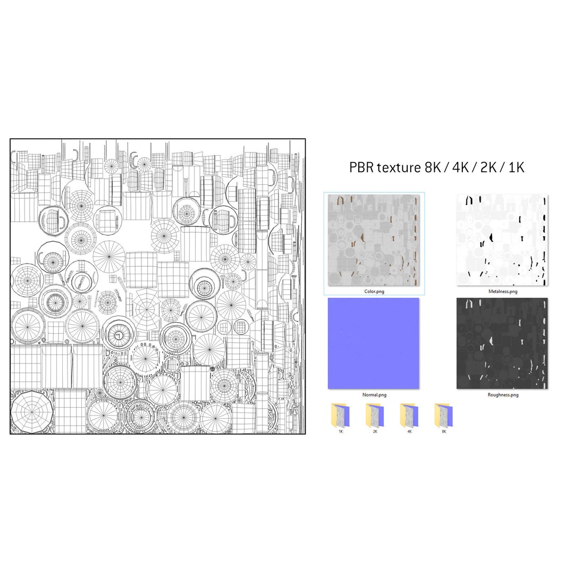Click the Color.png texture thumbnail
point(374,240)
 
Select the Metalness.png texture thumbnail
point(502,240)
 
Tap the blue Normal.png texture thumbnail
point(374,343)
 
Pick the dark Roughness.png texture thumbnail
point(502,343)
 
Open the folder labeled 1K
point(341,416)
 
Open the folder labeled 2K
point(375,416)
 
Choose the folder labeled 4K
point(409,416)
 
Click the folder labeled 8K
point(444,416)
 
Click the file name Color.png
point(374,292)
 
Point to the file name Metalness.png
point(503,292)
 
